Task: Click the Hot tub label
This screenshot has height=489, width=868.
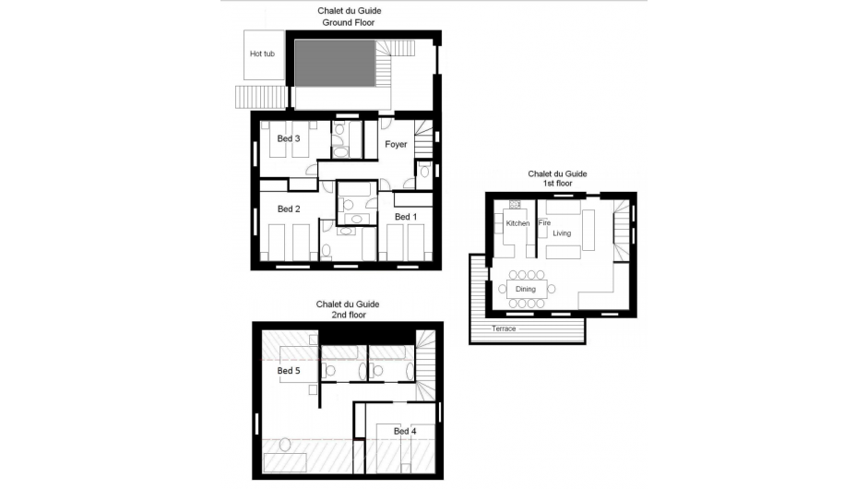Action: [262, 54]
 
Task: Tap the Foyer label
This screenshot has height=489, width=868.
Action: [396, 144]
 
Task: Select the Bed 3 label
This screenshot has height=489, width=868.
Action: [289, 138]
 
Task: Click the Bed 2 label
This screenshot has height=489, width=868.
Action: [289, 209]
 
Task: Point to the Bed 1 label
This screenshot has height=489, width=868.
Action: [406, 216]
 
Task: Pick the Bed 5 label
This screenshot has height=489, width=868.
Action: [289, 371]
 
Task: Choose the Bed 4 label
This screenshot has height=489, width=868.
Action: [405, 431]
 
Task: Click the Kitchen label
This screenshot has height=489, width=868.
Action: [517, 223]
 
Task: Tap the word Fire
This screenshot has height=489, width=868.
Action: [544, 223]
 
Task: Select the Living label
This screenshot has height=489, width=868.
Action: [562, 233]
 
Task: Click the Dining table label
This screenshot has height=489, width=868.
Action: [525, 290]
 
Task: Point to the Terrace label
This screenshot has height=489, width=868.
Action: [504, 328]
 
